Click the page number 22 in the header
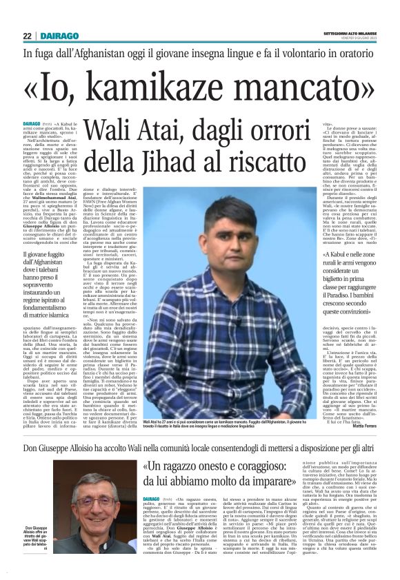coord(27,36)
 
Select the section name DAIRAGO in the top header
coord(54,36)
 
